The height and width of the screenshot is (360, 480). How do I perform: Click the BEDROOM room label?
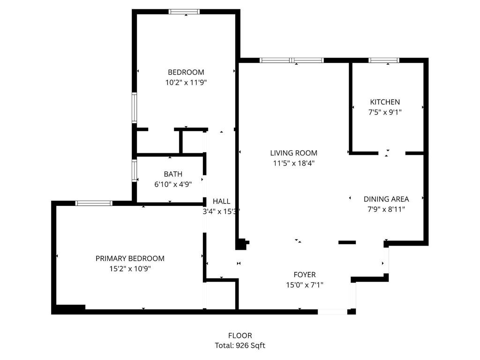[186, 72]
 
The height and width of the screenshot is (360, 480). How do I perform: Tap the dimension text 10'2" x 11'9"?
[186, 82]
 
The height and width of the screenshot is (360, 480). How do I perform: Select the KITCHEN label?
[385, 102]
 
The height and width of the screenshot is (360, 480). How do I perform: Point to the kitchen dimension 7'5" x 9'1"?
[385, 112]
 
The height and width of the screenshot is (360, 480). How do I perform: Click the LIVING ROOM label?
[293, 153]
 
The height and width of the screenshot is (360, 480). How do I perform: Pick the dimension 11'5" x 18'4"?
[294, 163]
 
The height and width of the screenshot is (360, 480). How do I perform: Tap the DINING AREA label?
[386, 199]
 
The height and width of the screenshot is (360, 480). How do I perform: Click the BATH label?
[173, 174]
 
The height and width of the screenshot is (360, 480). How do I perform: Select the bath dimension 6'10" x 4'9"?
[173, 184]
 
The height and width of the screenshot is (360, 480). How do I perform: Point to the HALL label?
[221, 202]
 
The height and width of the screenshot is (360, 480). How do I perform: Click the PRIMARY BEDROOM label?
[130, 259]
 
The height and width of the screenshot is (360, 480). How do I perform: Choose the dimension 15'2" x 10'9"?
[130, 269]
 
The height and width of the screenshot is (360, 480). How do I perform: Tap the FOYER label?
[305, 275]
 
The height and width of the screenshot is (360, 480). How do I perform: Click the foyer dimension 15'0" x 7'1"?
[305, 285]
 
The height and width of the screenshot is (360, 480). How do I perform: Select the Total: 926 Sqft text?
[240, 345]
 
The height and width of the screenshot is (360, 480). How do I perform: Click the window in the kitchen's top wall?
[384, 60]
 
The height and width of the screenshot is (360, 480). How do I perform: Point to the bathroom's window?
[135, 171]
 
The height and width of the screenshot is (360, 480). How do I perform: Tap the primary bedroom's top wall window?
[94, 203]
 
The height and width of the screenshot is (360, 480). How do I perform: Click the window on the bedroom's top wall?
[184, 12]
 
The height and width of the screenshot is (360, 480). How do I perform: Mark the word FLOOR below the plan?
[240, 336]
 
